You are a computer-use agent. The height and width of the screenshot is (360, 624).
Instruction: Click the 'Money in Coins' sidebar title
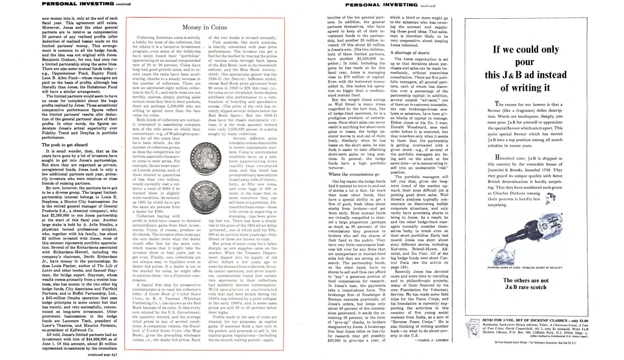coord(204,27)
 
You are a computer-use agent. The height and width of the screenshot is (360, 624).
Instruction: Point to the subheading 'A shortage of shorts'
coord(409,52)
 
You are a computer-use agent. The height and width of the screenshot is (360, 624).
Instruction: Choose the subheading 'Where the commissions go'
coord(354,174)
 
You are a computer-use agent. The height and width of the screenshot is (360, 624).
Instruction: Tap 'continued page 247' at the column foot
coord(102,354)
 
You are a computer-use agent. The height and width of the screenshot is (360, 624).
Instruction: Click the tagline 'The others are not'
coord(526,280)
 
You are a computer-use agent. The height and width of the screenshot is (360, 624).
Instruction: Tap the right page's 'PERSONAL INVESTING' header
coord(381,5)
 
